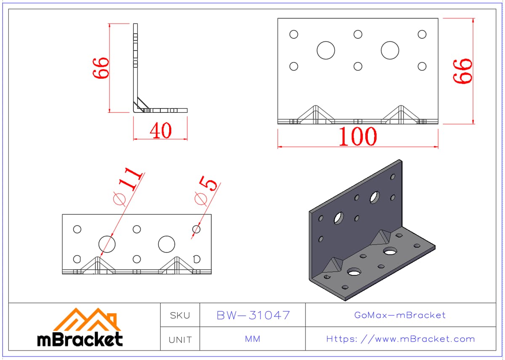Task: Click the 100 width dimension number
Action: coord(358,136)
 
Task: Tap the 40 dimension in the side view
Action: coord(160,131)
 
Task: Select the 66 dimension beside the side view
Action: coord(101,68)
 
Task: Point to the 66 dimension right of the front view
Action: coord(462,71)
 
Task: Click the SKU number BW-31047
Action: coord(253,315)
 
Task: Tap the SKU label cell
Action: coord(180,315)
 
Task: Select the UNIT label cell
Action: coord(180,339)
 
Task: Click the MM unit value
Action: coord(252,339)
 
